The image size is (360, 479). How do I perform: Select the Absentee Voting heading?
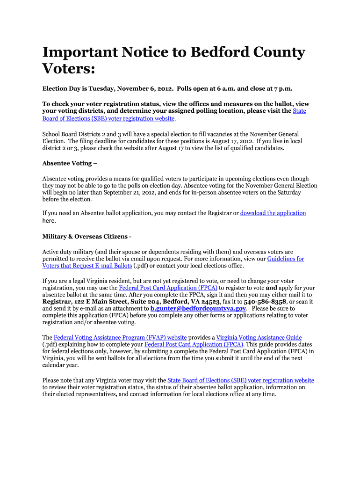tap(70, 163)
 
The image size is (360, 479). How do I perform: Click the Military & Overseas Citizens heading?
tap(87, 236)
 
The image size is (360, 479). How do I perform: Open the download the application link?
tap(273, 213)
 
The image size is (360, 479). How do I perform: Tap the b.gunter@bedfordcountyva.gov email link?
tap(198, 309)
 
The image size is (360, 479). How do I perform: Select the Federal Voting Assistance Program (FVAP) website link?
tap(120, 338)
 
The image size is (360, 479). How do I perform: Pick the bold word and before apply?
tap(272, 288)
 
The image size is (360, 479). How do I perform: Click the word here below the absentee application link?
tap(49, 221)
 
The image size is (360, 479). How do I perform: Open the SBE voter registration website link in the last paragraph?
tap(240, 381)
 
